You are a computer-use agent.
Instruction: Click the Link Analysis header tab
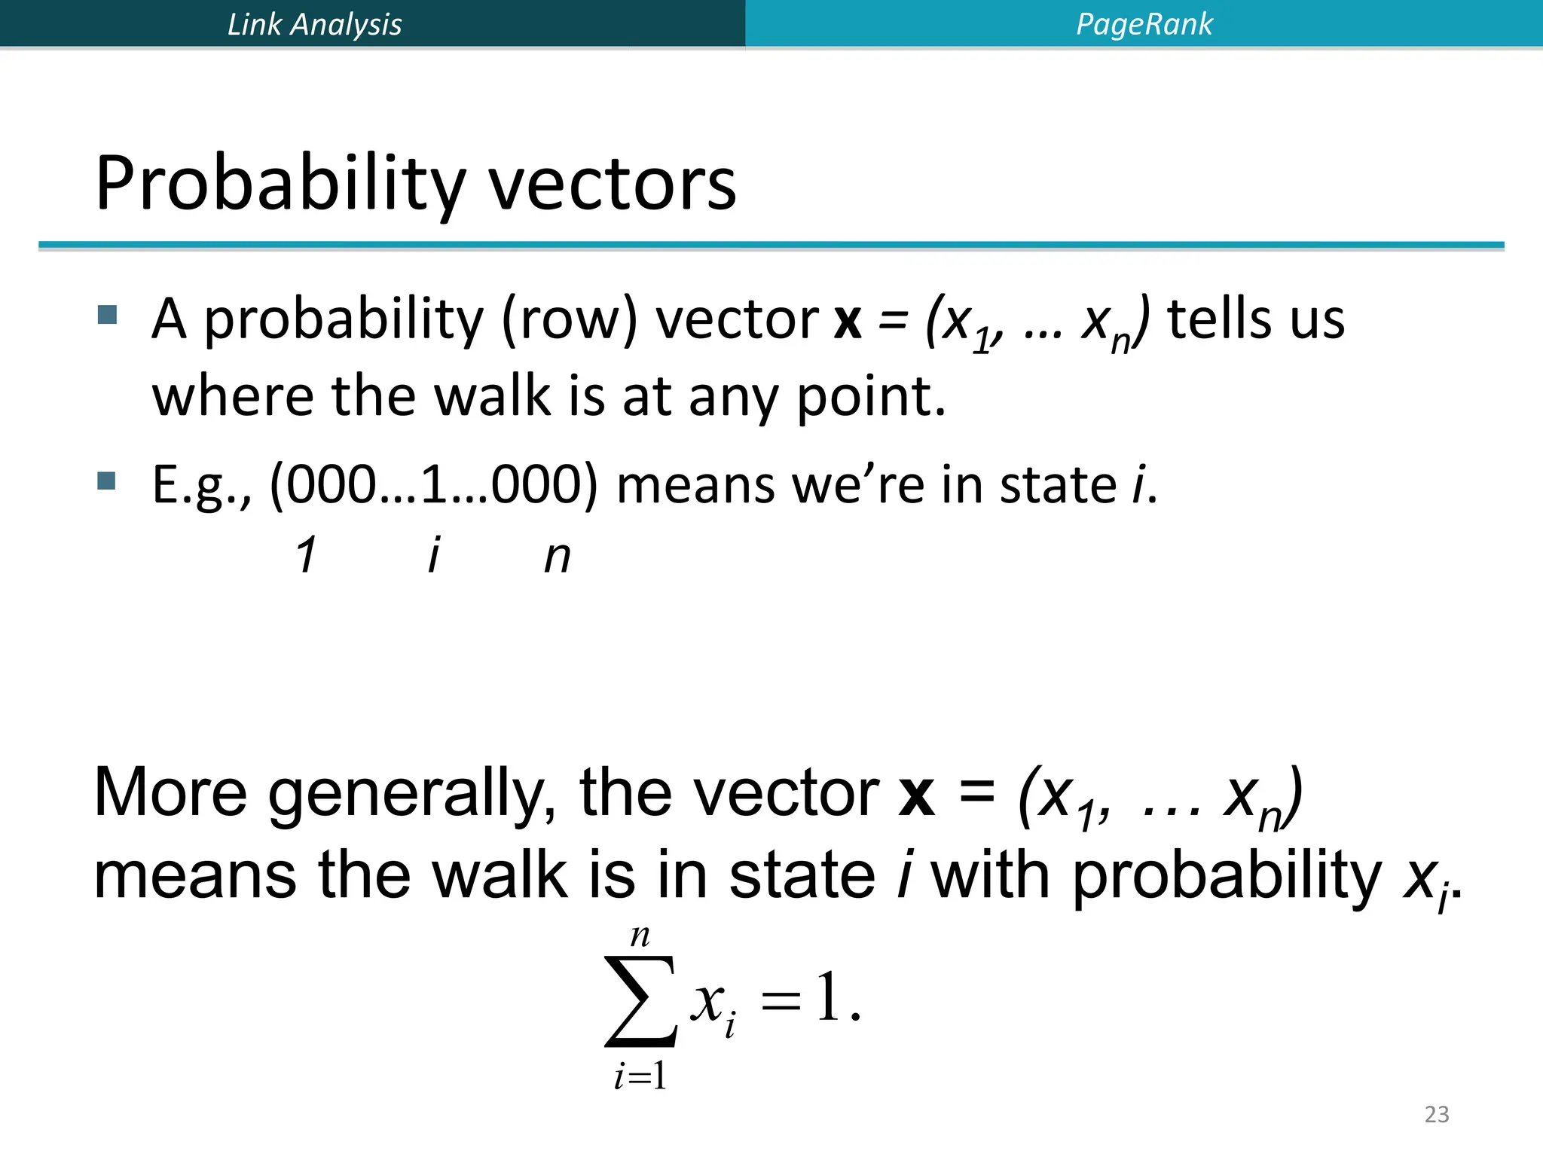[314, 24]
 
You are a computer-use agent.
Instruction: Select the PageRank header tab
[1144, 24]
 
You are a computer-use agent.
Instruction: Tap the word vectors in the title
[612, 185]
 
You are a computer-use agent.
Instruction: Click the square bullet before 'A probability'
[107, 315]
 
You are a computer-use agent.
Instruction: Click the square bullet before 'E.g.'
[107, 481]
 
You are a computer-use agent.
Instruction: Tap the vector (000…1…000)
[433, 484]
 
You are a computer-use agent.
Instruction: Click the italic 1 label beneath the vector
[305, 556]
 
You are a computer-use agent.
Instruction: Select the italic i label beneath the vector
[433, 556]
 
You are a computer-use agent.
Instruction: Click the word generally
[412, 795]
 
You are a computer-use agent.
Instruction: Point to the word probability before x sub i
[1227, 878]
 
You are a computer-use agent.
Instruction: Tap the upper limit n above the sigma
[640, 936]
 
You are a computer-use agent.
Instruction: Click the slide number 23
[1436, 1114]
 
